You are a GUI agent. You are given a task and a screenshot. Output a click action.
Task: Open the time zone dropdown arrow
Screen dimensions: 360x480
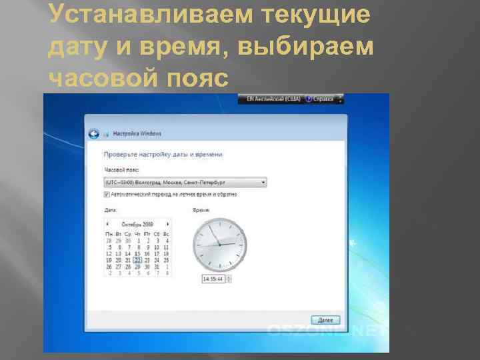pos(264,182)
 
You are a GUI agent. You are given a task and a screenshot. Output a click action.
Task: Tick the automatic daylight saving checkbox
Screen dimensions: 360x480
pos(107,195)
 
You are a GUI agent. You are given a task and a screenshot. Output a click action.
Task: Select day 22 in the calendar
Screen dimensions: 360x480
pos(137,260)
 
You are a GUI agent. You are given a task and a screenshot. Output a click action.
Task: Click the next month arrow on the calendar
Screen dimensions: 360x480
pos(167,225)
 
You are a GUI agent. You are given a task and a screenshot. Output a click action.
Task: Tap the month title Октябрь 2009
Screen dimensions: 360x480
pos(137,225)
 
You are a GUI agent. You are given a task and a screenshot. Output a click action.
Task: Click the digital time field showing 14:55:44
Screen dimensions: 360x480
pos(216,279)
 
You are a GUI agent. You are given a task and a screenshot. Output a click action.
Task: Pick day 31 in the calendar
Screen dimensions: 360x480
pos(156,267)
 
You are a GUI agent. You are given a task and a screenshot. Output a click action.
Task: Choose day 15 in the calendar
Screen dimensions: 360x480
pos(137,253)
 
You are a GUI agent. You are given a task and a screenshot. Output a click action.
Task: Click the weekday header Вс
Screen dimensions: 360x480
pos(165,234)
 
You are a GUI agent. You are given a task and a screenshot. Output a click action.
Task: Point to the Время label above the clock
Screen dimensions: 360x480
pos(201,210)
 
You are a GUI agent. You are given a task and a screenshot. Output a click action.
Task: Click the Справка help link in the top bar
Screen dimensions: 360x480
pos(325,99)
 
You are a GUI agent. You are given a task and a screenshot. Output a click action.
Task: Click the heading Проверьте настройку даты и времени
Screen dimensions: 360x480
pos(163,155)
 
